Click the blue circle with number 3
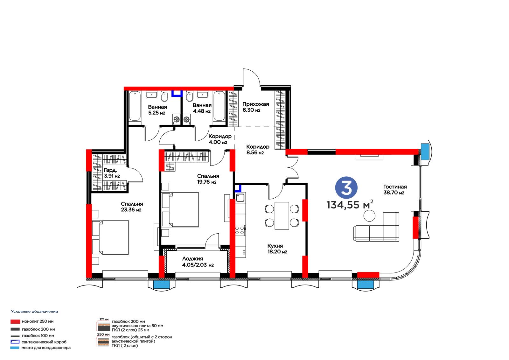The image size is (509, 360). pyautogui.click(x=346, y=188)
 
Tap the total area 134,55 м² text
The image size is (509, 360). pyautogui.click(x=350, y=204)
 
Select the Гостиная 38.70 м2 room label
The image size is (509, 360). pyautogui.click(x=395, y=190)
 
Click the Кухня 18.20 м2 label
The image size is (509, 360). pyautogui.click(x=277, y=249)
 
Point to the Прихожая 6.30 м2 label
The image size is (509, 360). pyautogui.click(x=256, y=107)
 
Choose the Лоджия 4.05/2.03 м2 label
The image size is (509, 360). pyautogui.click(x=198, y=262)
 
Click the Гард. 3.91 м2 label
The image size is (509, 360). pyautogui.click(x=112, y=173)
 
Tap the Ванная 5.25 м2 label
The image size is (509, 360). pyautogui.click(x=157, y=110)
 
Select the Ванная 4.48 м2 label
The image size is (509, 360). pyautogui.click(x=202, y=108)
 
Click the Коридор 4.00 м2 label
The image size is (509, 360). pyautogui.click(x=220, y=139)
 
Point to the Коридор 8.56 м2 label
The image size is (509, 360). pyautogui.click(x=258, y=150)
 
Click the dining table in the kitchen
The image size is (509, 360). pyautogui.click(x=282, y=215)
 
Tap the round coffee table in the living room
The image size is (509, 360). pyautogui.click(x=369, y=215)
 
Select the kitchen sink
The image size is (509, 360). pyautogui.click(x=240, y=197)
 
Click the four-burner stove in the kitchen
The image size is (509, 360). pyautogui.click(x=240, y=230)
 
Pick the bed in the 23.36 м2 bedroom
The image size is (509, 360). pyautogui.click(x=111, y=237)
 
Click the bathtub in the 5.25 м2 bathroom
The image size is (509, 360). pyautogui.click(x=135, y=106)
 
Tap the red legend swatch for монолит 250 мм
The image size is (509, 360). pyautogui.click(x=15, y=321)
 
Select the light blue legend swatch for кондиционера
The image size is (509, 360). pyautogui.click(x=15, y=348)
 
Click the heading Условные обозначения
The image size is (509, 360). pyautogui.click(x=35, y=312)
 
